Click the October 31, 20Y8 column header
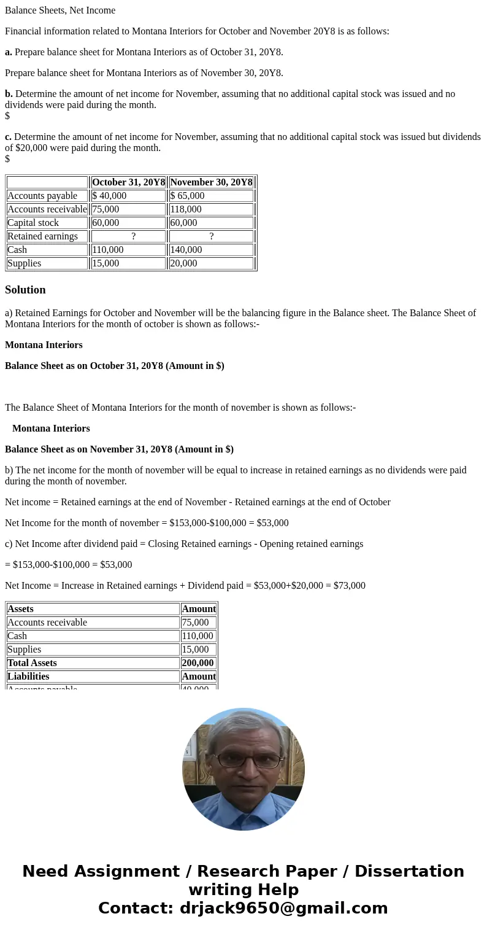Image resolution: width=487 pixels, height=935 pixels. tap(128, 182)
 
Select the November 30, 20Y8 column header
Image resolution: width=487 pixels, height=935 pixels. tap(211, 182)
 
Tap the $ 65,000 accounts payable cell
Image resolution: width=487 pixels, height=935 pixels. tap(211, 196)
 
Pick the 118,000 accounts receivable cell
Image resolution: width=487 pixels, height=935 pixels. tap(211, 209)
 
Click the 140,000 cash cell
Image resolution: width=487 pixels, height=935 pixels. tap(211, 250)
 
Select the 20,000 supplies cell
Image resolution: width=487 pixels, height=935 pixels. tap(211, 263)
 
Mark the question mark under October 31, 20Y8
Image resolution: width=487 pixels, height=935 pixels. tap(133, 236)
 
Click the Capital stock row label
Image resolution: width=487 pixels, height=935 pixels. tap(47, 223)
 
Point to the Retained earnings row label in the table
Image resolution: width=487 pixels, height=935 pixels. tap(47, 236)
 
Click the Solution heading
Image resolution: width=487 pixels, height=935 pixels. tap(25, 290)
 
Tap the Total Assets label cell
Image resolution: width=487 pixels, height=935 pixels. tap(93, 663)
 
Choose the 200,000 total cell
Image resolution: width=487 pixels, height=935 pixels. tap(198, 663)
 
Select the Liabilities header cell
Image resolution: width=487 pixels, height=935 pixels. tap(93, 677)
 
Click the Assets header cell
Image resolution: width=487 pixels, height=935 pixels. tap(93, 609)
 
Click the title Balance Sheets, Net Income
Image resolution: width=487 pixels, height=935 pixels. tap(60, 10)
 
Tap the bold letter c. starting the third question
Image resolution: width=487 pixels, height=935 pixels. tap(9, 137)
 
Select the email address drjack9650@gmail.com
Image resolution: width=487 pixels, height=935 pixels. tap(283, 908)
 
